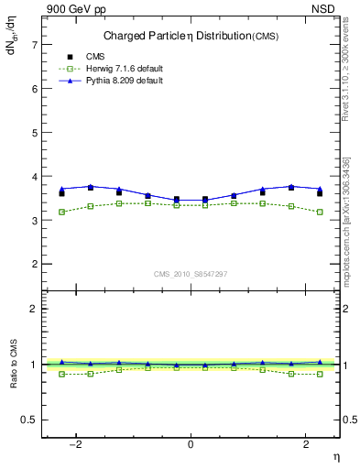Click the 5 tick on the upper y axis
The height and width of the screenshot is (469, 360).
tap(34, 132)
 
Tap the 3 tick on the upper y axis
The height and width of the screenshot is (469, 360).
tap(34, 220)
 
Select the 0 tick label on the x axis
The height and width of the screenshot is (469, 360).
tap(191, 444)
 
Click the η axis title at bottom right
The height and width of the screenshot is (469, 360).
tap(334, 455)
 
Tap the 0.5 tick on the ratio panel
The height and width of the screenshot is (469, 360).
tap(30, 420)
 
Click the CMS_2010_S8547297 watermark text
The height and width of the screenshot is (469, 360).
tap(191, 274)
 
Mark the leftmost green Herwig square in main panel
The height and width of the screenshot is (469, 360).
tap(61, 212)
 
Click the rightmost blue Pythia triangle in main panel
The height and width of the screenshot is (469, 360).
tap(320, 189)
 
